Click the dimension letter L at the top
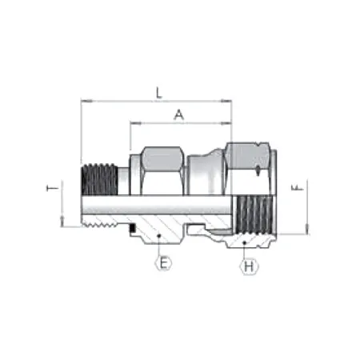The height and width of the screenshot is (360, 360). tap(158, 94)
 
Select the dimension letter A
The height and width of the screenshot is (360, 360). tap(178, 114)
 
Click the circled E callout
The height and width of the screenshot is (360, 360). tap(163, 262)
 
